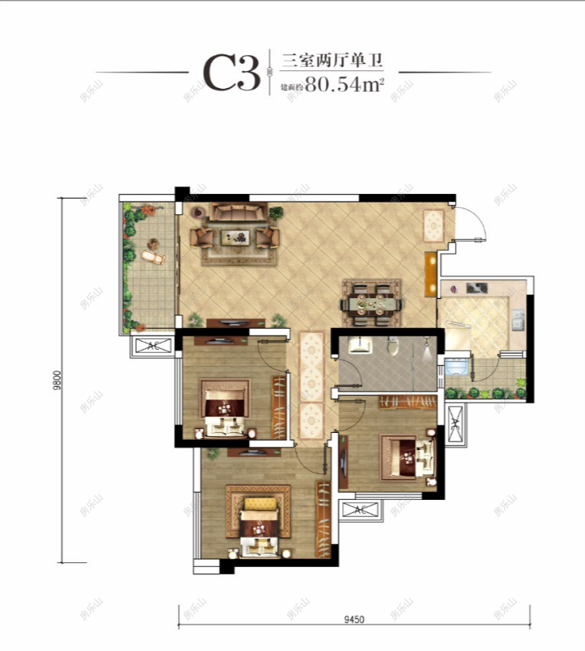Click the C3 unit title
[231, 72]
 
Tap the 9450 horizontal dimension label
[354, 619]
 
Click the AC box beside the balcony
[152, 347]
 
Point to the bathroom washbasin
[359, 346]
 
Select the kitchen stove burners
[476, 288]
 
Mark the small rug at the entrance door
[433, 226]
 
